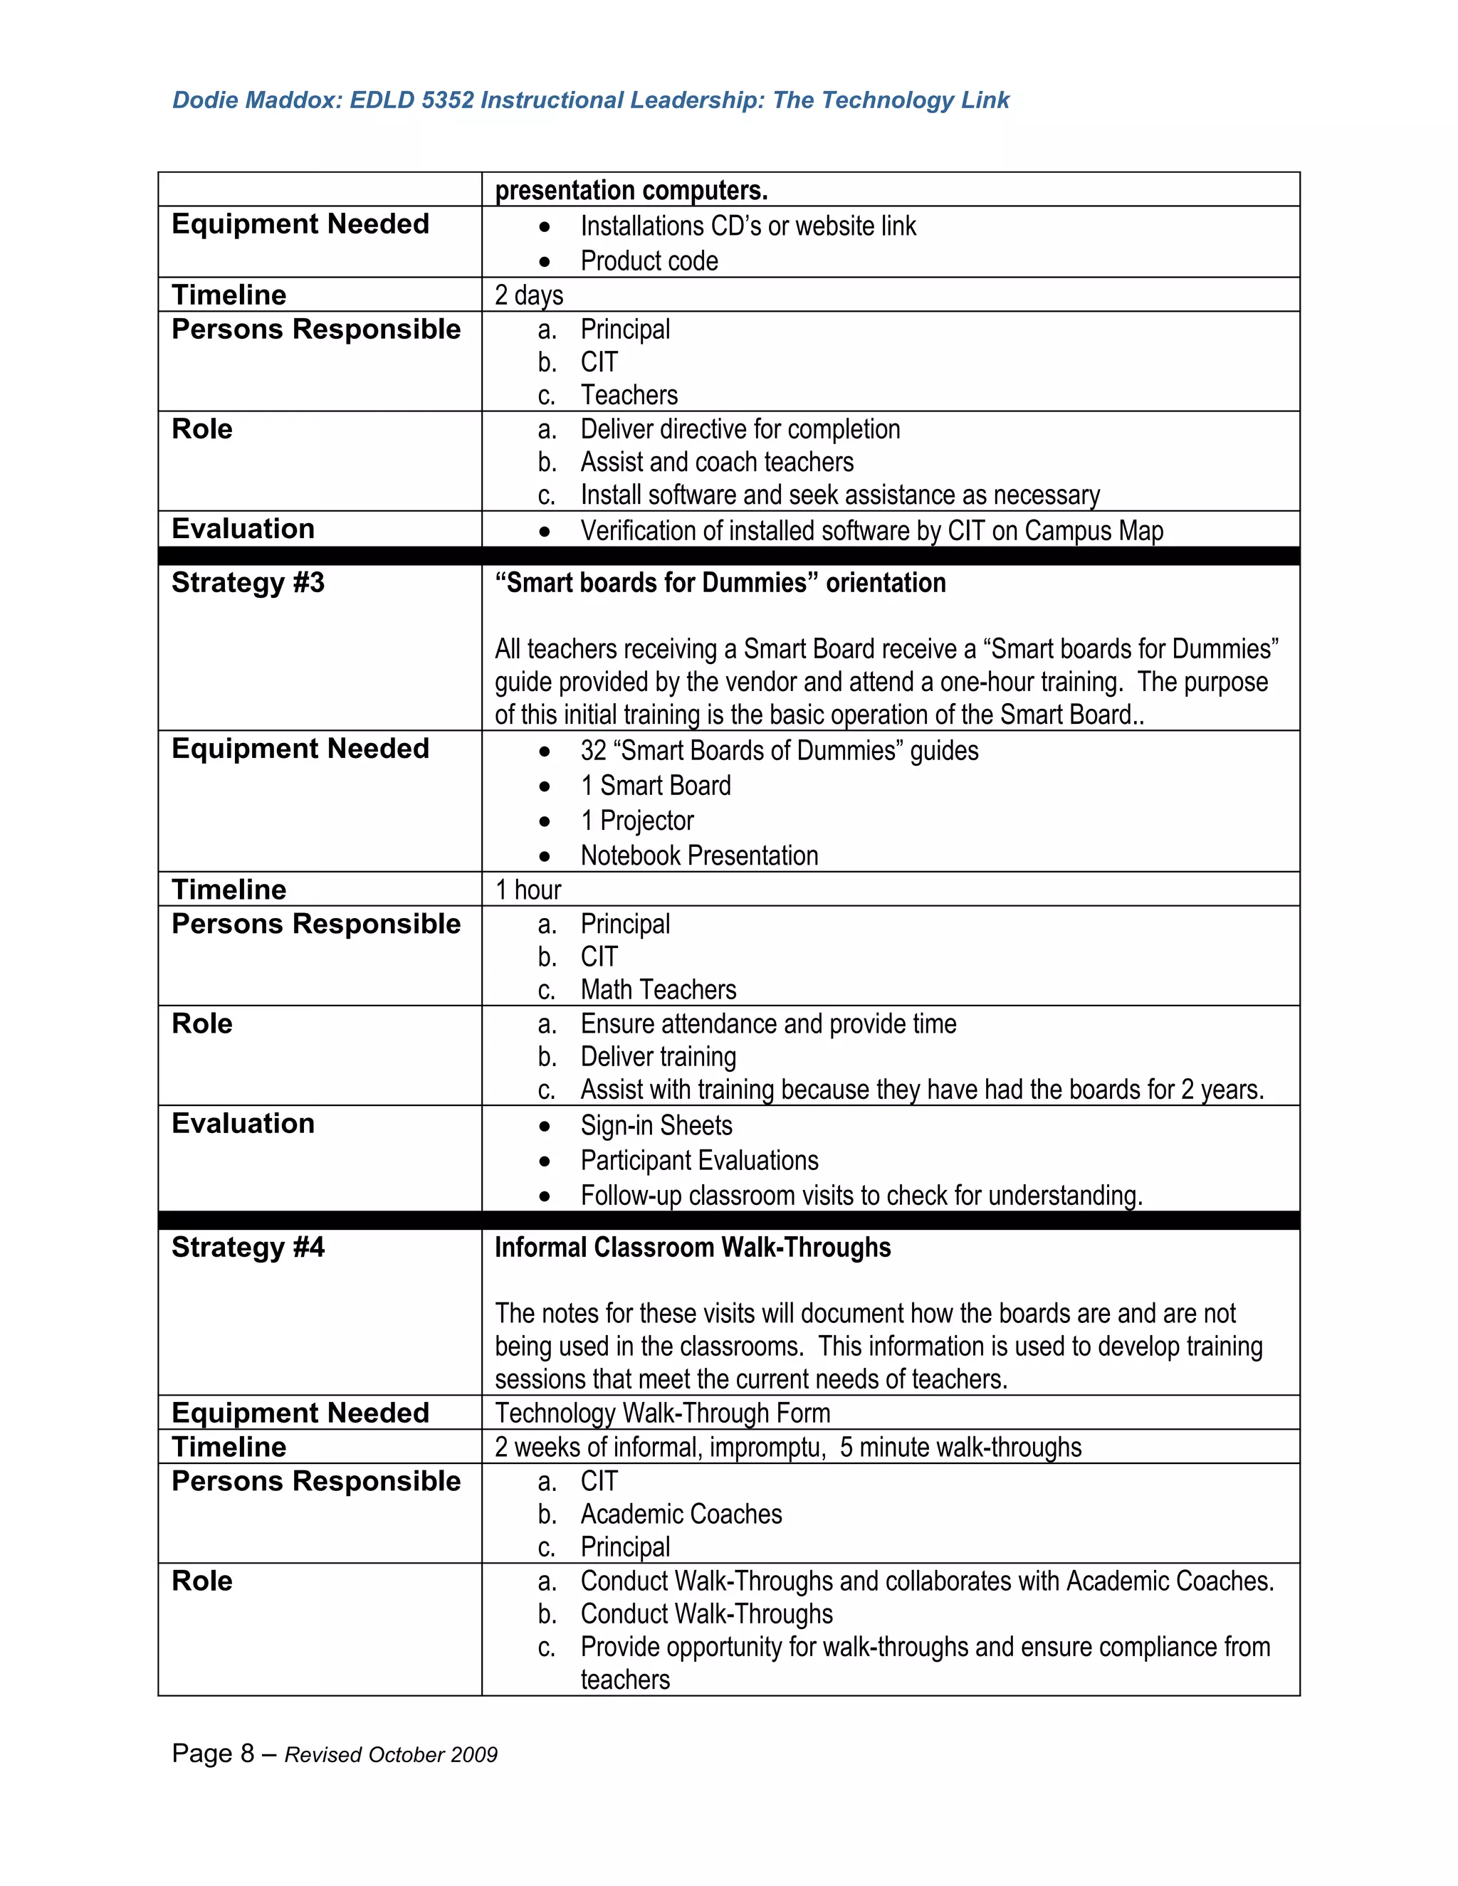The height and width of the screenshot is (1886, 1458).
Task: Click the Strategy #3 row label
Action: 248,583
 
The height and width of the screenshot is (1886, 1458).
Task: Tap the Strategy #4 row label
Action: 248,1247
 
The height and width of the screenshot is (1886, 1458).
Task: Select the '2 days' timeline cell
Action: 529,295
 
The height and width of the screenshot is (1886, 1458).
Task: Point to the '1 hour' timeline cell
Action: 528,890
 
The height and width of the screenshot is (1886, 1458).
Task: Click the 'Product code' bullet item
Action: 649,260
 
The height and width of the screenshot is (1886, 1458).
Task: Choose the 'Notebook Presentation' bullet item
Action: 699,855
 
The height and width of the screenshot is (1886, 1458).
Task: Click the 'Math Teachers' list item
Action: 659,990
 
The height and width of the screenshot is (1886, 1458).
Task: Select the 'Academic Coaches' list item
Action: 681,1514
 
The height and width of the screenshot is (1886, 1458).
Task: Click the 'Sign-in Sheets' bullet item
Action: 656,1126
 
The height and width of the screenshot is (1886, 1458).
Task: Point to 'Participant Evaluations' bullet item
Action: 699,1161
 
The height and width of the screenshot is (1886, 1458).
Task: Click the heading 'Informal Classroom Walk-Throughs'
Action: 693,1248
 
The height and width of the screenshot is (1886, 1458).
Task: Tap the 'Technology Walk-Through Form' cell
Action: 663,1413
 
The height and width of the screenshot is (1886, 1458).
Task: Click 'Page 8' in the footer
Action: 212,1753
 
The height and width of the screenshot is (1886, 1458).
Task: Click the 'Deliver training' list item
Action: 659,1057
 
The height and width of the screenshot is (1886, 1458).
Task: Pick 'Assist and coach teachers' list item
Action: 716,462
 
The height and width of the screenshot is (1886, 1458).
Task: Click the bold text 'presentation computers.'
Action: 631,190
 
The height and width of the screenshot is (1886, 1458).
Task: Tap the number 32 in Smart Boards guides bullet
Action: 594,752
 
